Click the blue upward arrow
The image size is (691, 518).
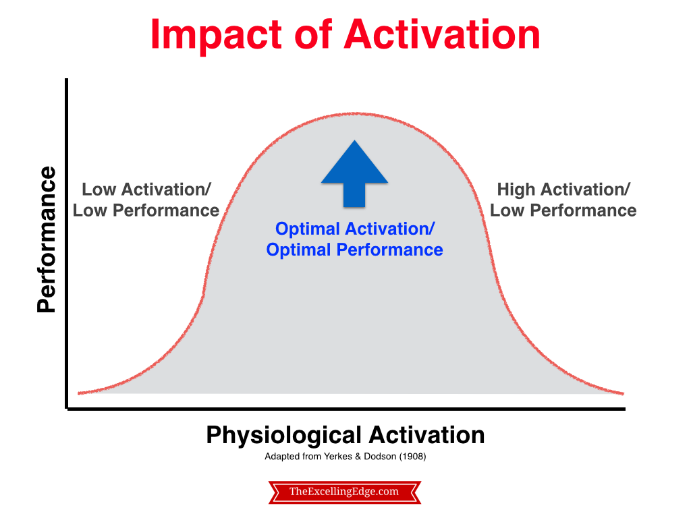tap(354, 173)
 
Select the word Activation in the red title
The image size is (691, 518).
tap(442, 34)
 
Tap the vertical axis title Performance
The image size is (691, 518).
tap(47, 239)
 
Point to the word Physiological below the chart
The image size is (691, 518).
tap(284, 436)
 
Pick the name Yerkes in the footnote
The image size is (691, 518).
tap(338, 457)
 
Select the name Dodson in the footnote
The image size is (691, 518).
tap(380, 457)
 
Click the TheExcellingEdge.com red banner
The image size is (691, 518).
tap(345, 492)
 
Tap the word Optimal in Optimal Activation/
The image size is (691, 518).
tap(308, 229)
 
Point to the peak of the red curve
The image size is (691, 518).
tap(354, 113)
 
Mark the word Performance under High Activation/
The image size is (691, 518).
tap(583, 210)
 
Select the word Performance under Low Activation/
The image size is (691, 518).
tap(166, 210)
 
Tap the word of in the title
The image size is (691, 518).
tap(312, 34)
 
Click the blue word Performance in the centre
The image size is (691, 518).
tap(389, 250)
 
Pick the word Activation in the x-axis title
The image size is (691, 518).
tap(426, 435)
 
